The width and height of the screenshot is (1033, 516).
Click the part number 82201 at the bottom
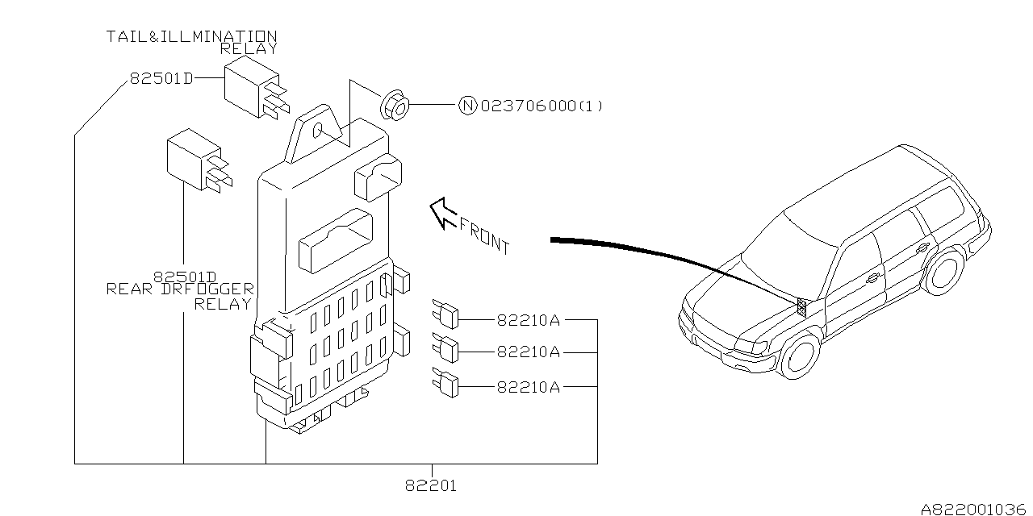[x=431, y=485]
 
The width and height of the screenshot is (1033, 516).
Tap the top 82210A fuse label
[x=529, y=320]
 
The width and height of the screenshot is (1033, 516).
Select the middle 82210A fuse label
[x=529, y=352]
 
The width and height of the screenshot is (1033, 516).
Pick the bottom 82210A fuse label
[x=529, y=387]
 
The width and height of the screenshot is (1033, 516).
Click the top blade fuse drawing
[x=445, y=314]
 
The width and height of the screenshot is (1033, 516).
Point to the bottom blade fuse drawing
[x=445, y=382]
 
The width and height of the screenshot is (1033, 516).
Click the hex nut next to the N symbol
[x=395, y=106]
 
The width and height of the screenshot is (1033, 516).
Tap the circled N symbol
[x=467, y=106]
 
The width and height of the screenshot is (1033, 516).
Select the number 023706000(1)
[x=542, y=106]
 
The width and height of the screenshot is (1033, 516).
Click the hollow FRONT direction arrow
[x=443, y=213]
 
